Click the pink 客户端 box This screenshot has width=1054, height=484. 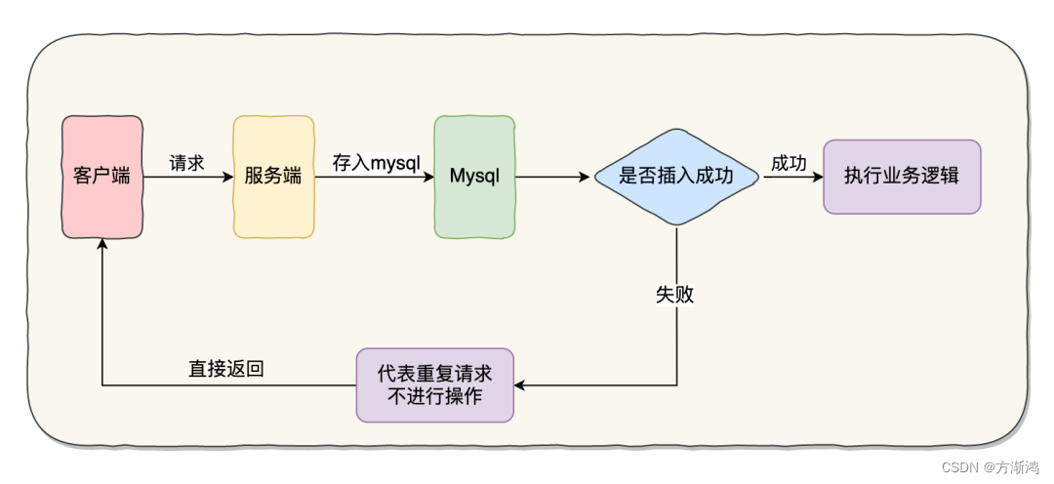tap(102, 177)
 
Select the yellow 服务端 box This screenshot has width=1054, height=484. tap(273, 177)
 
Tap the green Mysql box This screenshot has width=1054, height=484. tap(474, 177)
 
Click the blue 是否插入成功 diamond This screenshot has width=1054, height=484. tap(676, 177)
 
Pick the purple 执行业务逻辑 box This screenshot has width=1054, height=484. tap(902, 177)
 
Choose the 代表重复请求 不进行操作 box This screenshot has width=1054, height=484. tap(434, 384)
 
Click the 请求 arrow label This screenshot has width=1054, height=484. tap(186, 163)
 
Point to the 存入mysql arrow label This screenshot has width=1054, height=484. tap(376, 163)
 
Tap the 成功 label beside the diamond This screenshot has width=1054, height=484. tap(789, 163)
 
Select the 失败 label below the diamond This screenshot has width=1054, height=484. tap(675, 294)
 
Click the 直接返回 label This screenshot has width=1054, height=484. tap(225, 369)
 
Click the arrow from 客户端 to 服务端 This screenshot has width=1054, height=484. tap(190, 178)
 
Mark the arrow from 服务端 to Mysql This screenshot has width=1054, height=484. tap(375, 178)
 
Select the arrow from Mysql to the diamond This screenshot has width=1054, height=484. tap(554, 178)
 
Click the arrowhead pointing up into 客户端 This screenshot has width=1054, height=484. tap(101, 245)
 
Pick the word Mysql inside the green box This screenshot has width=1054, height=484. tap(474, 177)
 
